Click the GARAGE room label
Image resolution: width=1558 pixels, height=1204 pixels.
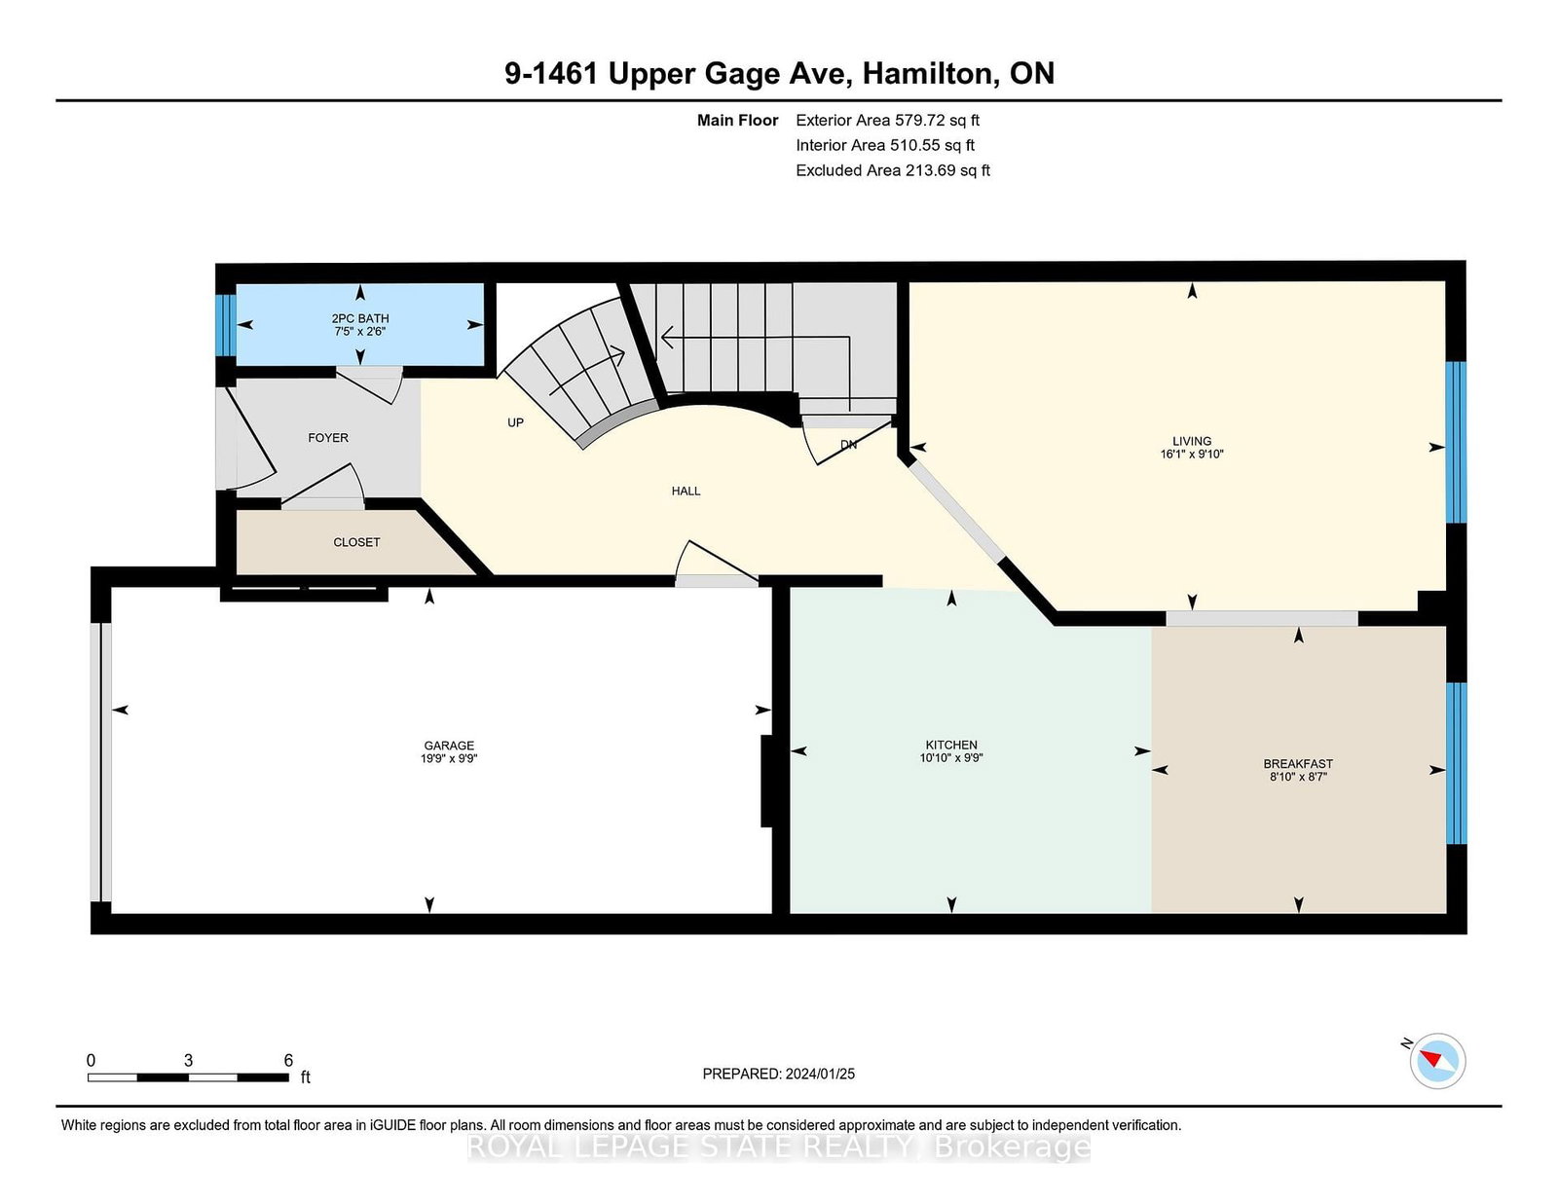point(449,746)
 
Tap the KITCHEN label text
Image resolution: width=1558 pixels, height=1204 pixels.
point(951,745)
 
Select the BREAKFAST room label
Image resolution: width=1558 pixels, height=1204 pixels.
point(1298,764)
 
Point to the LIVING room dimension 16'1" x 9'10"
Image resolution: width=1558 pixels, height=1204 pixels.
point(1192,454)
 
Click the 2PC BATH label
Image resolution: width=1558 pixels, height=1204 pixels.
point(360,319)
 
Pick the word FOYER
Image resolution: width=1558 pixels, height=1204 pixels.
point(328,438)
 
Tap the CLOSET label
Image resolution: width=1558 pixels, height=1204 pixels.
point(356,542)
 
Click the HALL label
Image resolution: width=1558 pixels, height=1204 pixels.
point(686,491)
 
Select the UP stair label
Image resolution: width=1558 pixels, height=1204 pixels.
point(515,422)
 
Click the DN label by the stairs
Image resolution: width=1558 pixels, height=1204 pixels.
point(849,445)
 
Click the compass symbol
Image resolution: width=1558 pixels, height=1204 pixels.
point(1437,1061)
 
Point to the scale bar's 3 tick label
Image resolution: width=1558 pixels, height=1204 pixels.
point(188,1060)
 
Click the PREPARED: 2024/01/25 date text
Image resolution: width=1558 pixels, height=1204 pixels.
point(779,1074)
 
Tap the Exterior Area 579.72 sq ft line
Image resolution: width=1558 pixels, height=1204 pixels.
point(888,121)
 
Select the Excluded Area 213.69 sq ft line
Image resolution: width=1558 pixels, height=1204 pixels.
point(893,170)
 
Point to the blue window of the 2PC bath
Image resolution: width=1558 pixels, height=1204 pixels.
point(226,325)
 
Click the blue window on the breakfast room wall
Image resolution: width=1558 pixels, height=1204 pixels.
point(1456,763)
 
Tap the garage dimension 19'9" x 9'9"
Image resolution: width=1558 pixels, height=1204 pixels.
point(449,758)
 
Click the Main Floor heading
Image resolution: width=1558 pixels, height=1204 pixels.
point(738,121)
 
